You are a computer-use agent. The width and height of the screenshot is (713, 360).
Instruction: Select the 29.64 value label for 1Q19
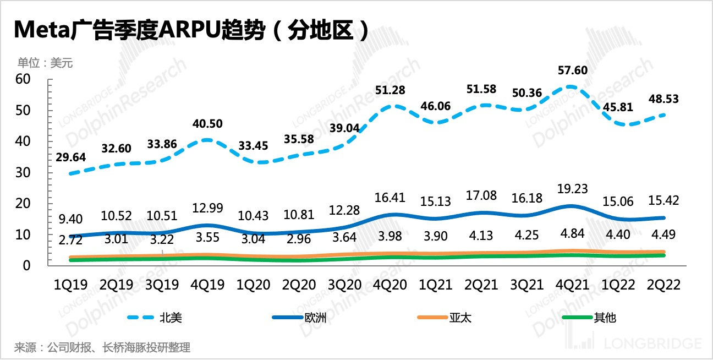coord(71,157)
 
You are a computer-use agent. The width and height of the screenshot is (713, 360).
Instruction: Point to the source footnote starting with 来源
coord(102,348)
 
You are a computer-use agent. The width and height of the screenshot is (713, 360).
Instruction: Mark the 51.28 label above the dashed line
coord(389,91)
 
